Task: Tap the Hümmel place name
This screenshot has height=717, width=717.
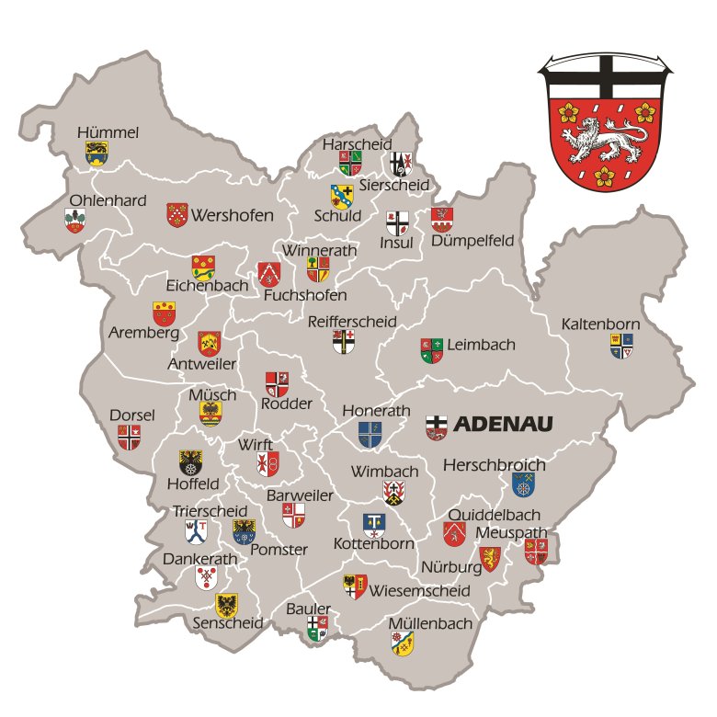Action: click(x=108, y=133)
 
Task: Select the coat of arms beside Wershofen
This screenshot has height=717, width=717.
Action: click(x=177, y=215)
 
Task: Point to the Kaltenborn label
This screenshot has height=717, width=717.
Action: click(x=601, y=324)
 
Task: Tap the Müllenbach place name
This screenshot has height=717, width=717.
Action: click(x=430, y=623)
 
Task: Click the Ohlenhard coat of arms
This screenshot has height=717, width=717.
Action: click(x=75, y=221)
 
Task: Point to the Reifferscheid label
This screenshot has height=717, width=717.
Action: click(x=352, y=322)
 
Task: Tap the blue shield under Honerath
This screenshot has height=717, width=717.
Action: click(x=370, y=434)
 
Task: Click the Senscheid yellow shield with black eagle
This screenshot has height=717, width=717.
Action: click(x=227, y=604)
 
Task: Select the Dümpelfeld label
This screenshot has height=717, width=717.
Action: click(x=472, y=241)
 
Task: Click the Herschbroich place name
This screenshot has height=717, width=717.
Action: click(x=495, y=466)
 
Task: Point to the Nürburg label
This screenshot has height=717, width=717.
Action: click(x=451, y=567)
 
